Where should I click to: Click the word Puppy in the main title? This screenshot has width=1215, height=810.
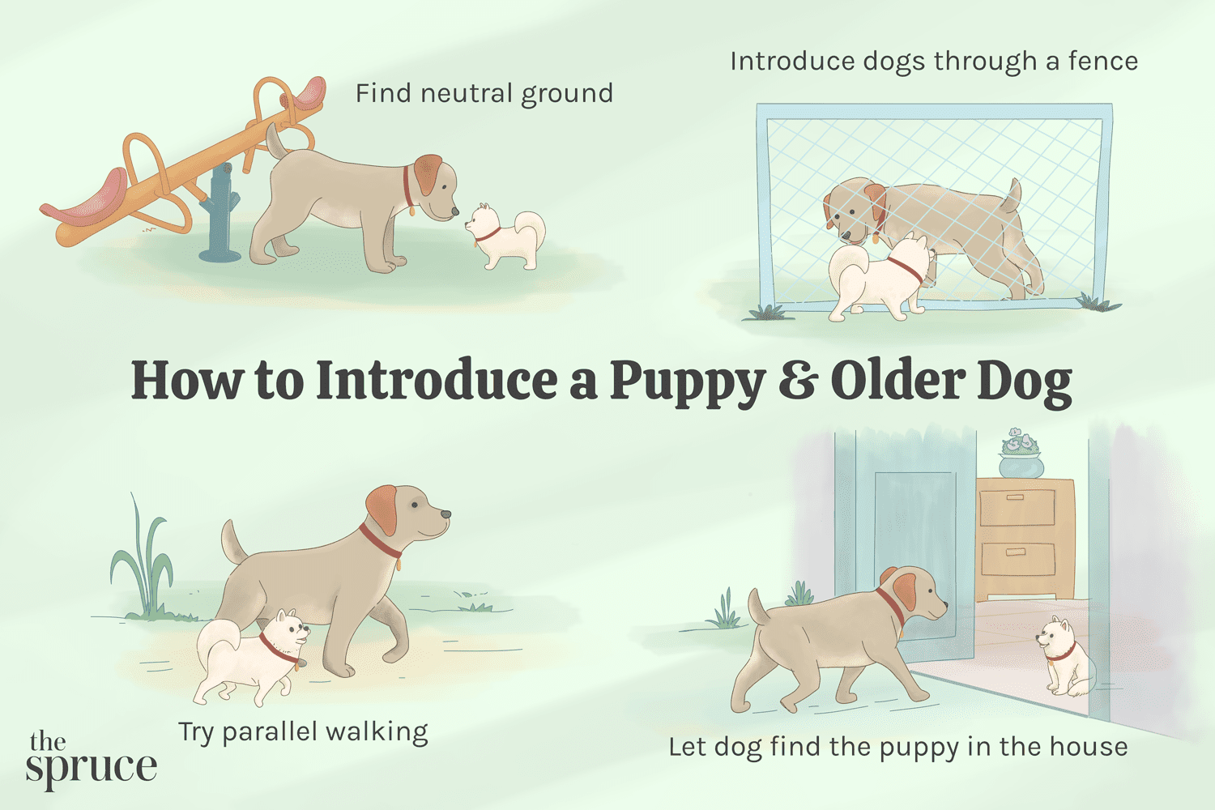[687, 381]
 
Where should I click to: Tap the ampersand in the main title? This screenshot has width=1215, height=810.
[797, 381]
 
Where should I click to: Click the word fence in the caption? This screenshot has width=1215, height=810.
[1102, 62]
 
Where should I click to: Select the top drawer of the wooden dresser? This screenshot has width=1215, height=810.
[1017, 505]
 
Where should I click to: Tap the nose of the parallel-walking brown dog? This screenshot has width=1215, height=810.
[445, 514]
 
